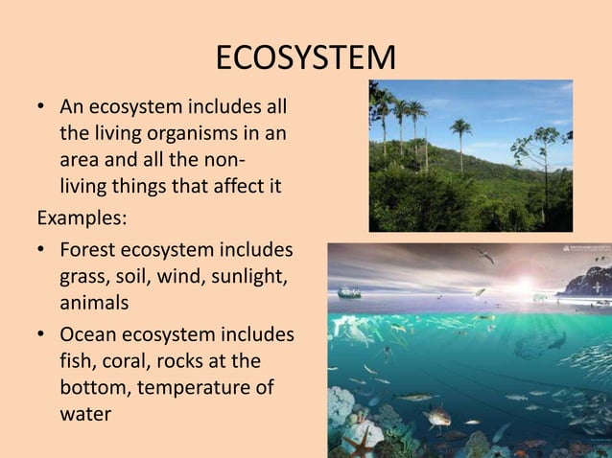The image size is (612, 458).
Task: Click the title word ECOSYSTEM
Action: coord(305,57)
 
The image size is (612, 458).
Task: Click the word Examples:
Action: coord(82,217)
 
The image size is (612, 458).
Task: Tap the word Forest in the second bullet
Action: coord(87,250)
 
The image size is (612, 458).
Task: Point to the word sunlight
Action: coord(253,276)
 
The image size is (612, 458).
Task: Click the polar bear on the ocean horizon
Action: coord(541,297)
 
